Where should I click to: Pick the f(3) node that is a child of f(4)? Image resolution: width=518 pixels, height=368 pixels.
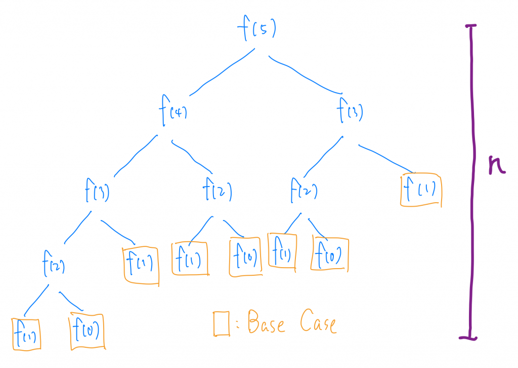pos(98,193)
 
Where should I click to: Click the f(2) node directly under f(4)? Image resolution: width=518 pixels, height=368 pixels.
pos(217,192)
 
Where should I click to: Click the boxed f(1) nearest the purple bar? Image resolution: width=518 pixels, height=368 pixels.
pos(421,191)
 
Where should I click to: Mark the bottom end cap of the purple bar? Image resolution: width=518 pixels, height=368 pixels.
pos(470,337)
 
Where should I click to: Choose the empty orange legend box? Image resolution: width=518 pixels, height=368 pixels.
pos(221,323)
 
